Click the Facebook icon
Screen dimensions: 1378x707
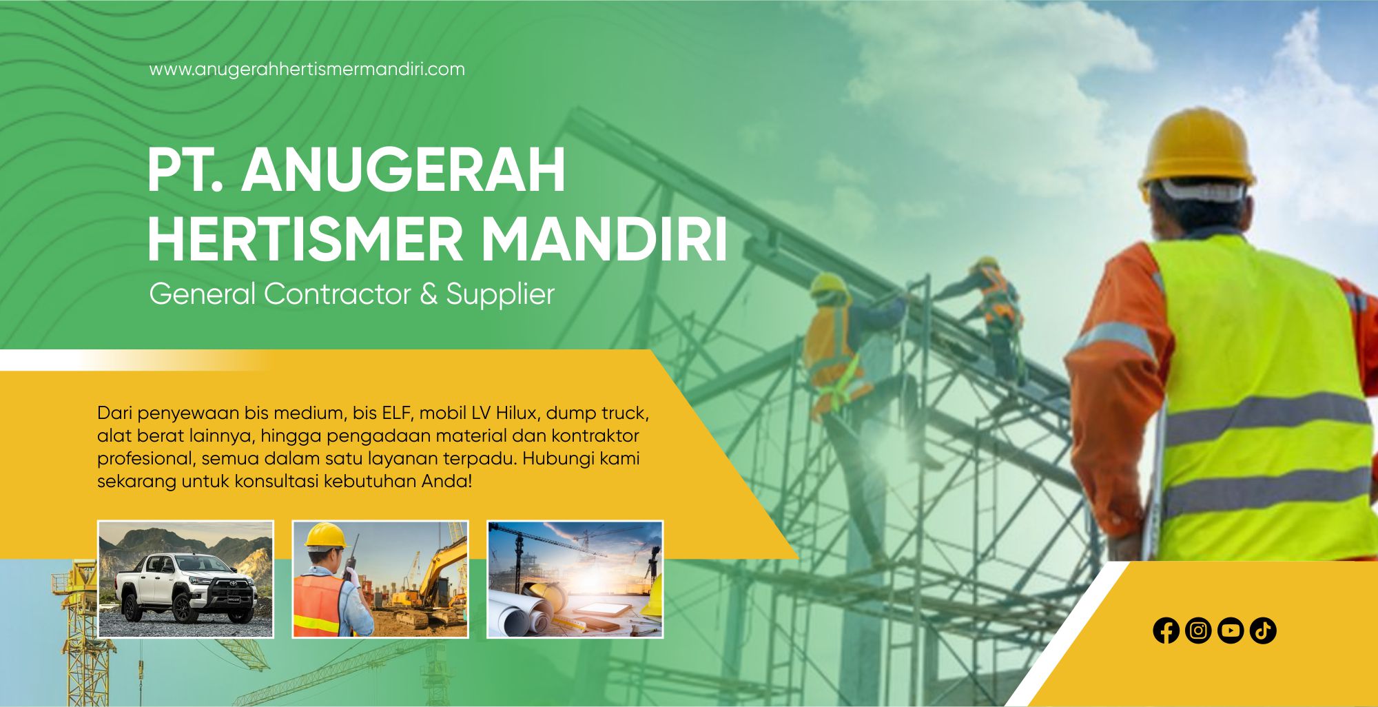pos(1166,631)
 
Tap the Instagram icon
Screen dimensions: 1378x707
pos(1198,631)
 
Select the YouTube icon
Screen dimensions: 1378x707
pos(1231,631)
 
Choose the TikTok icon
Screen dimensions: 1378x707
pos(1263,631)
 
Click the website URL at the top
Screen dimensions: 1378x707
pos(307,70)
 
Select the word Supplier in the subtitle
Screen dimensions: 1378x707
pos(500,295)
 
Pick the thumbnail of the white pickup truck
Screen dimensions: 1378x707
pos(185,579)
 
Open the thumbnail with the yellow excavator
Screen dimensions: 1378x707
pos(380,579)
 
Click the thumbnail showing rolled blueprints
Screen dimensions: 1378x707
pos(575,579)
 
